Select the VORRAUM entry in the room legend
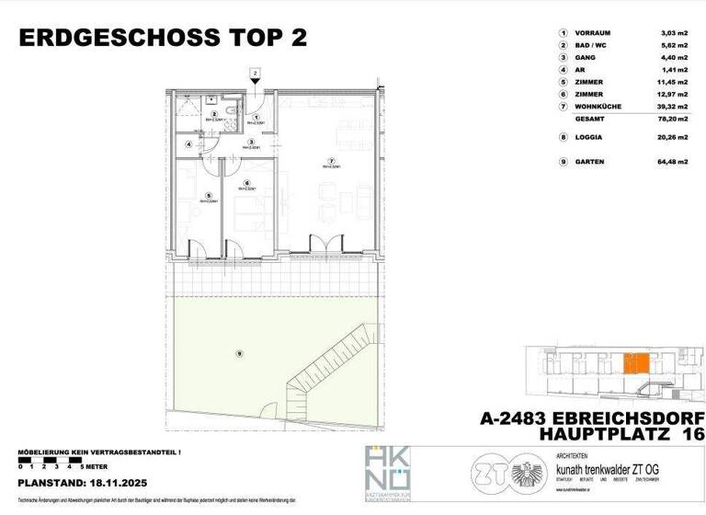598,33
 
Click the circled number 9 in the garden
240,354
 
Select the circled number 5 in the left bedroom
210,194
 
